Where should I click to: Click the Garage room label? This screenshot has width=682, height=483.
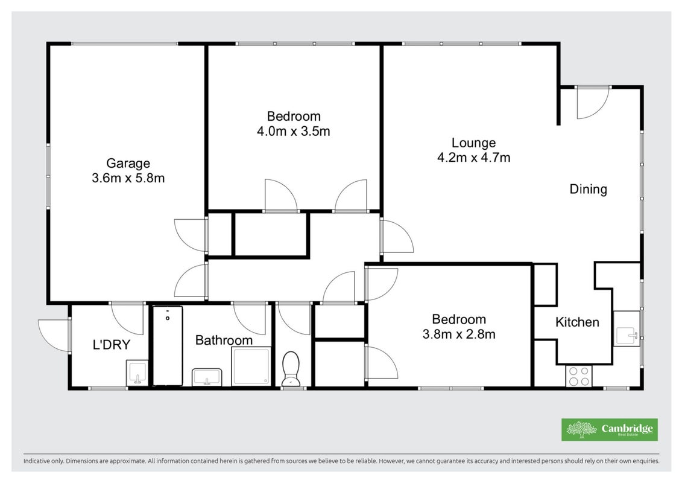coord(128,164)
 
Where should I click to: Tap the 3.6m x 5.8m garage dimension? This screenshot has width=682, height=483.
coord(128,178)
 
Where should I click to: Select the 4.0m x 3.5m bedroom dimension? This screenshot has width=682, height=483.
coord(294,131)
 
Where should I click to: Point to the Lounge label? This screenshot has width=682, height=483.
coord(473,143)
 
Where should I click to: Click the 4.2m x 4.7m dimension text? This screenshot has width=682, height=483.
coord(473,157)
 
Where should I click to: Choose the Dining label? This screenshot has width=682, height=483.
coord(589,189)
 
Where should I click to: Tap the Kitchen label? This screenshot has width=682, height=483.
coord(577,322)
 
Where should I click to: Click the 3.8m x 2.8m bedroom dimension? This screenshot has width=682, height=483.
coord(459,334)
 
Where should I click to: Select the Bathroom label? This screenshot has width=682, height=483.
coord(224,340)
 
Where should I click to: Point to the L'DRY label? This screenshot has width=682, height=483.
coord(112,345)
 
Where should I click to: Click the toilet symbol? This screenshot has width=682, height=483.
coord(291,369)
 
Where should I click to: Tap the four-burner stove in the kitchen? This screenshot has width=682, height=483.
coord(579,376)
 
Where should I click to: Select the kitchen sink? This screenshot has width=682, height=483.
coord(627,334)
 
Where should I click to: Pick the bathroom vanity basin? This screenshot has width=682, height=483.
coord(207,377)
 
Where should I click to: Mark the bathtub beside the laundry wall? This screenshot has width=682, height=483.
coord(168,346)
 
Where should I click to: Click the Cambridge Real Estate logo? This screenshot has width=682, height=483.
coord(610,430)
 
